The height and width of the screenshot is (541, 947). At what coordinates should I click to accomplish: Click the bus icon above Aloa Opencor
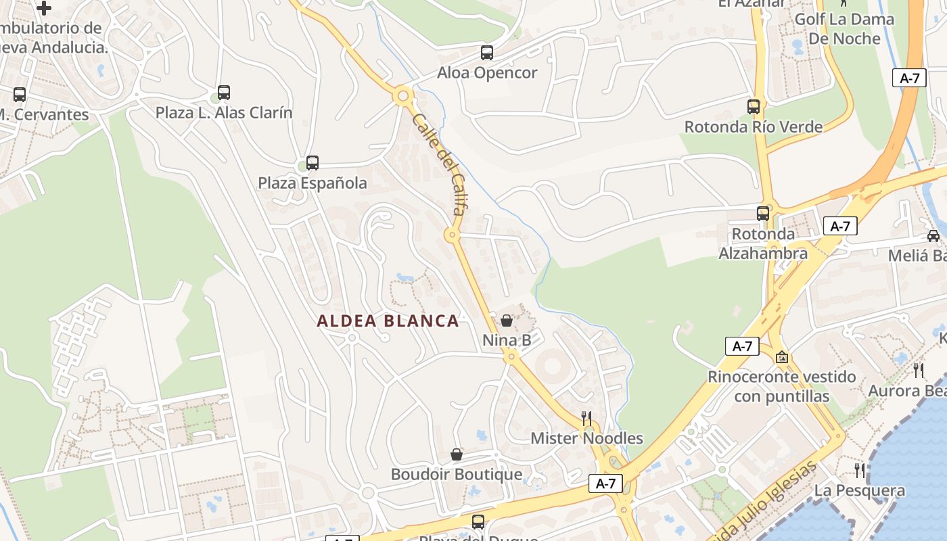pyautogui.click(x=486, y=52)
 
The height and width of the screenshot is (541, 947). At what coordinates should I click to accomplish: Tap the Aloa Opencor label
pyautogui.click(x=487, y=72)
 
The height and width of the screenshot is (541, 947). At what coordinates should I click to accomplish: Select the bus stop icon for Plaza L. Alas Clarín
pyautogui.click(x=224, y=93)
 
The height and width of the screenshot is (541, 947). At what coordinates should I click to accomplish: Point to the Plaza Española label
pyautogui.click(x=313, y=183)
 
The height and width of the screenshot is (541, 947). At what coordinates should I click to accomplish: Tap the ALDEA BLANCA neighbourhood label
pyautogui.click(x=388, y=321)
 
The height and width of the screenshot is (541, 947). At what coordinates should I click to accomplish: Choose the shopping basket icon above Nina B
pyautogui.click(x=507, y=321)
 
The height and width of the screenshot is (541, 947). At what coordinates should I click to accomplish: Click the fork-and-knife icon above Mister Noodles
pyautogui.click(x=586, y=418)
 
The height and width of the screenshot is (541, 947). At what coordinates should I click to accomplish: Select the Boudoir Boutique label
pyautogui.click(x=457, y=474)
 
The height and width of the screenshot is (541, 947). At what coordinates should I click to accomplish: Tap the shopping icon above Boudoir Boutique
pyautogui.click(x=457, y=454)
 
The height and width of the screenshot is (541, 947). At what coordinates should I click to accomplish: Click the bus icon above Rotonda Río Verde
pyautogui.click(x=754, y=106)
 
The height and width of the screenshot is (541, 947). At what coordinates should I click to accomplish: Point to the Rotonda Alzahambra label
pyautogui.click(x=763, y=244)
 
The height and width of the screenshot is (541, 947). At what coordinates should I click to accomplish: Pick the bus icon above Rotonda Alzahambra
pyautogui.click(x=763, y=214)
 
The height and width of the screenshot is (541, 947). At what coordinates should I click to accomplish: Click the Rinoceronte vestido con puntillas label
pyautogui.click(x=782, y=386)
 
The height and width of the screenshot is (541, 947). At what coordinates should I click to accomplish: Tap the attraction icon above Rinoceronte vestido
pyautogui.click(x=782, y=356)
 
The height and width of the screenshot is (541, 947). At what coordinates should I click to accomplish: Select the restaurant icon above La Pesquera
pyautogui.click(x=860, y=470)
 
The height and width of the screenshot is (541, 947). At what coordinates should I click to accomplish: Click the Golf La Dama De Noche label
pyautogui.click(x=844, y=28)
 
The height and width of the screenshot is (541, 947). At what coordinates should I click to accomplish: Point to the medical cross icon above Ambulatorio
pyautogui.click(x=44, y=8)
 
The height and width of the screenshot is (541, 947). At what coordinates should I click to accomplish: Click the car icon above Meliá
pyautogui.click(x=933, y=235)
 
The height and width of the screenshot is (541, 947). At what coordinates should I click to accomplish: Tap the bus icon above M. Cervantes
pyautogui.click(x=20, y=95)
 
